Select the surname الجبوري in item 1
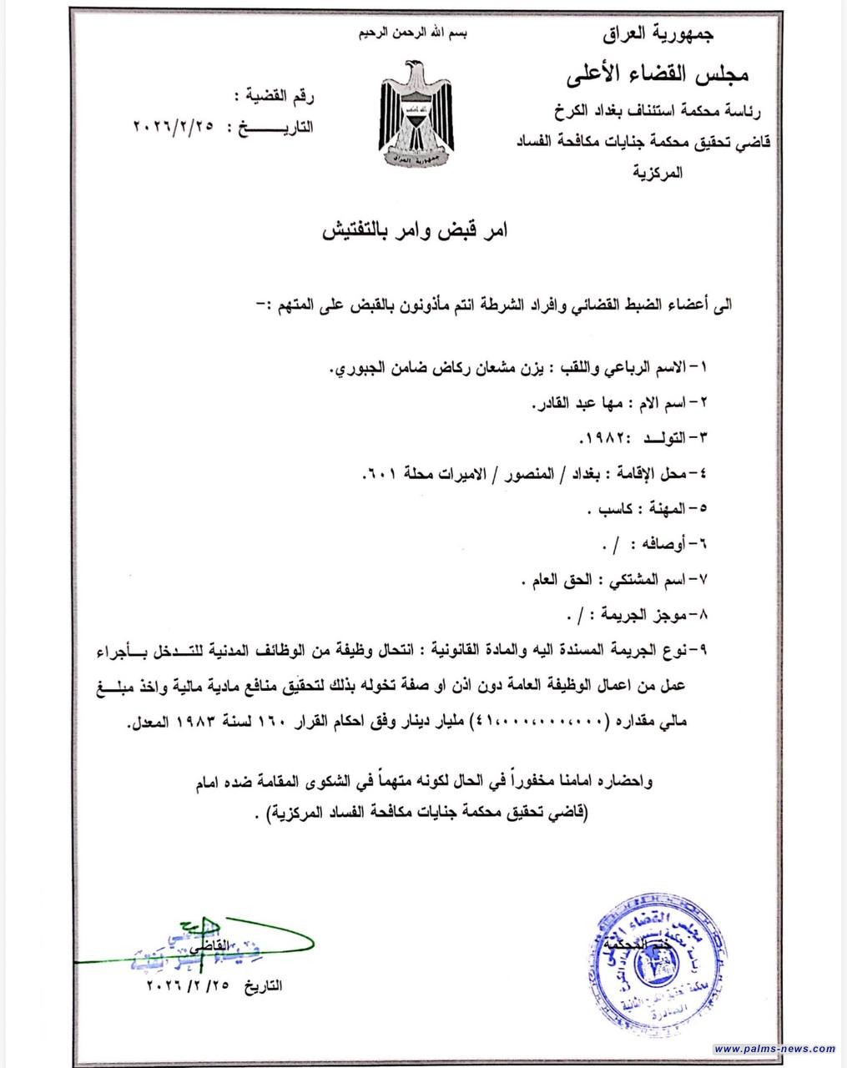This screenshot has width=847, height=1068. (355, 368)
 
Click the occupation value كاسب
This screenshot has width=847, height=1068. (604, 509)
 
